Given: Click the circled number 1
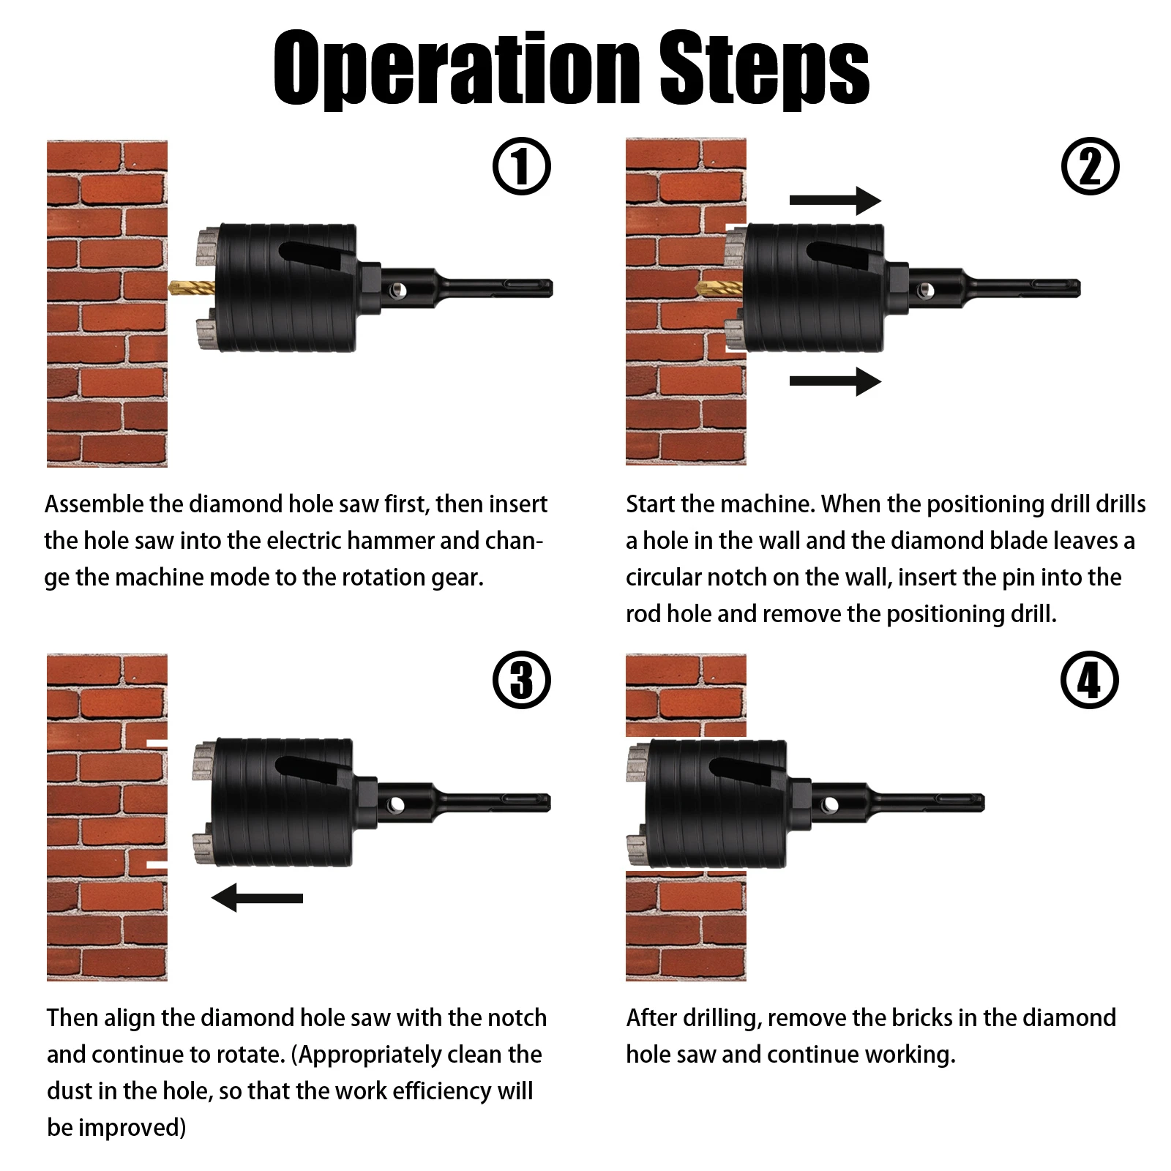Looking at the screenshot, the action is click(x=521, y=167).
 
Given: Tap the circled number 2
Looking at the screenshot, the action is click(x=1090, y=167).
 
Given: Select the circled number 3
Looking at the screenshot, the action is click(x=521, y=680).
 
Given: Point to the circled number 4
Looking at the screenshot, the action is click(x=1090, y=680).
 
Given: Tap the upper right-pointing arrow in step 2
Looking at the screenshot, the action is click(x=835, y=201).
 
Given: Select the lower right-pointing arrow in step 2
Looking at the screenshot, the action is click(x=835, y=381).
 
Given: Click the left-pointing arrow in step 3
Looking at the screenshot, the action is click(x=257, y=897).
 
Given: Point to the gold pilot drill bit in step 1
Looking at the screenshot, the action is click(x=191, y=287).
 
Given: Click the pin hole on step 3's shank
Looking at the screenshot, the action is click(x=396, y=805).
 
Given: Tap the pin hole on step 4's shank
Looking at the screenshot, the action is click(x=830, y=806).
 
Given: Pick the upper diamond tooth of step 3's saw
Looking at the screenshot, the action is click(x=202, y=761).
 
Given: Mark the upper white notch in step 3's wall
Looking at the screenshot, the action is click(x=157, y=744).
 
